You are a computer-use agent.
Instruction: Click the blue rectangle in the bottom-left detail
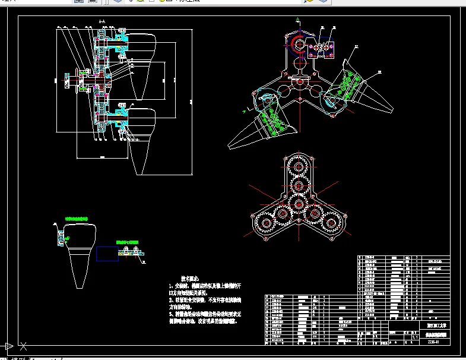click(x=107, y=254)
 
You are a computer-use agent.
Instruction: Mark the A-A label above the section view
click(x=102, y=23)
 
